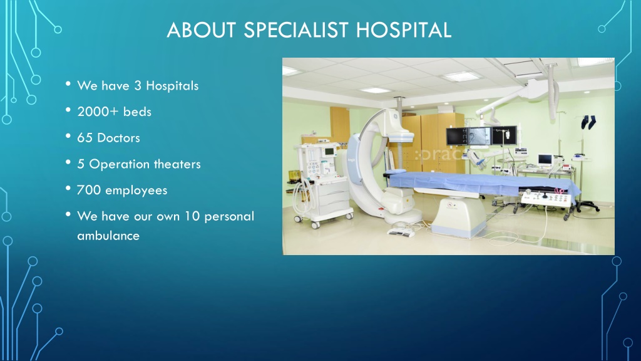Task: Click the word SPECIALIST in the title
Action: click(296, 30)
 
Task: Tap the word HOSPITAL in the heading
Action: click(404, 30)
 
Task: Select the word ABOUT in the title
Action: click(201, 30)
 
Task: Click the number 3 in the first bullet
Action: click(138, 85)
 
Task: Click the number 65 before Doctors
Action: click(85, 138)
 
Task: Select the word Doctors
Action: click(118, 138)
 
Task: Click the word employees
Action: click(136, 191)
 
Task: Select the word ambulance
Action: click(108, 236)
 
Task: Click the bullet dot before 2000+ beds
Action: click(68, 110)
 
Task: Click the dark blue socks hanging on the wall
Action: click(588, 122)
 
